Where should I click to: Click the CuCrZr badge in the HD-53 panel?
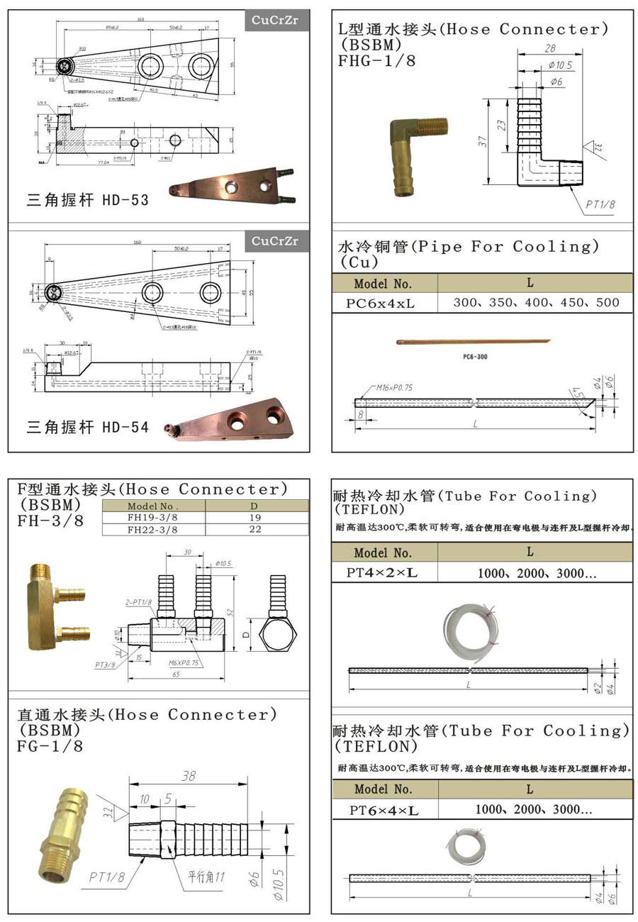(x=280, y=21)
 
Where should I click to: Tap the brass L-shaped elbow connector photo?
(x=414, y=155)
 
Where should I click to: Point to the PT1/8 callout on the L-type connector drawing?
(x=600, y=204)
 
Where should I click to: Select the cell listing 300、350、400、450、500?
(x=535, y=302)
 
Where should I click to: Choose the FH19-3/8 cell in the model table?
(x=153, y=518)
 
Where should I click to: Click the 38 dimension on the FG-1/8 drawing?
(x=188, y=777)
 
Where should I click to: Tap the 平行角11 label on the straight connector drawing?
(x=206, y=877)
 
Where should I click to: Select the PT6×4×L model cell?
(x=384, y=810)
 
